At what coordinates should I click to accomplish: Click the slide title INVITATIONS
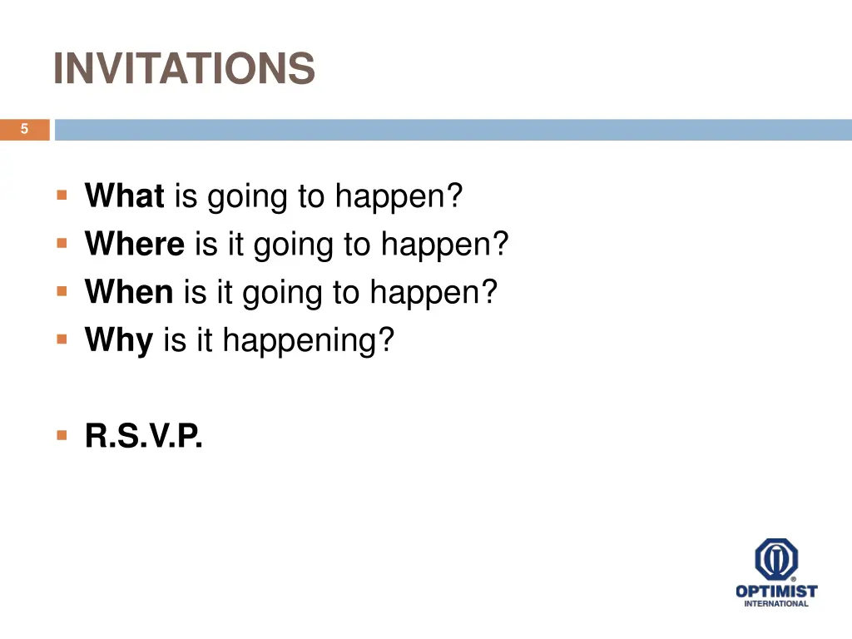(x=184, y=68)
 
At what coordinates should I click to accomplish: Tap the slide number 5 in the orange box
(x=24, y=129)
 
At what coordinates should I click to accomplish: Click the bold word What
(x=125, y=196)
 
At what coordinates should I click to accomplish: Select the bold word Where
(x=135, y=245)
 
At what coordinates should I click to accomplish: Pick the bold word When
(x=129, y=292)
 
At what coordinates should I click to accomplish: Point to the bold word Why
(x=119, y=340)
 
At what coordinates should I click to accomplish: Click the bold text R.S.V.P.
(x=144, y=436)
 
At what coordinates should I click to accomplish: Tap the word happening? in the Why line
(x=308, y=340)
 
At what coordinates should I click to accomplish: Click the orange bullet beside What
(x=62, y=196)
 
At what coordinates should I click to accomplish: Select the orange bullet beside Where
(x=62, y=245)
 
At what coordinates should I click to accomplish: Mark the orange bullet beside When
(x=62, y=292)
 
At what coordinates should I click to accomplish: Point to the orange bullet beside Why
(x=62, y=339)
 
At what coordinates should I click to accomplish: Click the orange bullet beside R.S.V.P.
(x=62, y=435)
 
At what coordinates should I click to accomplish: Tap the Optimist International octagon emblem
(x=776, y=559)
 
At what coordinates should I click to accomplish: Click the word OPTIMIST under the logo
(x=776, y=592)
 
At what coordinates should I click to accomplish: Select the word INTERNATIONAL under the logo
(x=776, y=604)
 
